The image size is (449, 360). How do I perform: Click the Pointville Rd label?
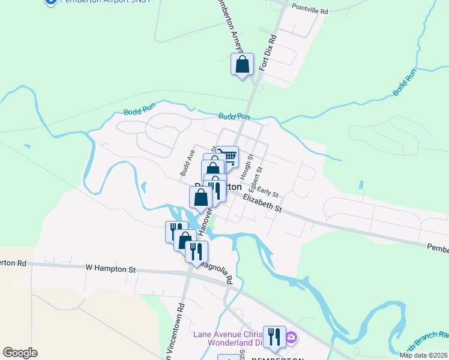tap(310, 11)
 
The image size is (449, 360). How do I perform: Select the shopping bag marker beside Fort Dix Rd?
tap(242, 64)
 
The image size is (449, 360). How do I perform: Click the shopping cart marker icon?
tap(228, 157)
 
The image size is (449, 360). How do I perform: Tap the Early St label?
tap(268, 191)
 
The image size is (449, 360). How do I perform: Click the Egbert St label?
tap(256, 178)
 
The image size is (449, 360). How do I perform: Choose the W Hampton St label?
tap(110, 269)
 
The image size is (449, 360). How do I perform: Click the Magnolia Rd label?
tap(217, 271)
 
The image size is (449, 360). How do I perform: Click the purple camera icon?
tap(291, 338)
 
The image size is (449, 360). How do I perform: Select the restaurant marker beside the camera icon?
tap(274, 337)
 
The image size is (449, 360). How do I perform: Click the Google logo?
tap(20, 353)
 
